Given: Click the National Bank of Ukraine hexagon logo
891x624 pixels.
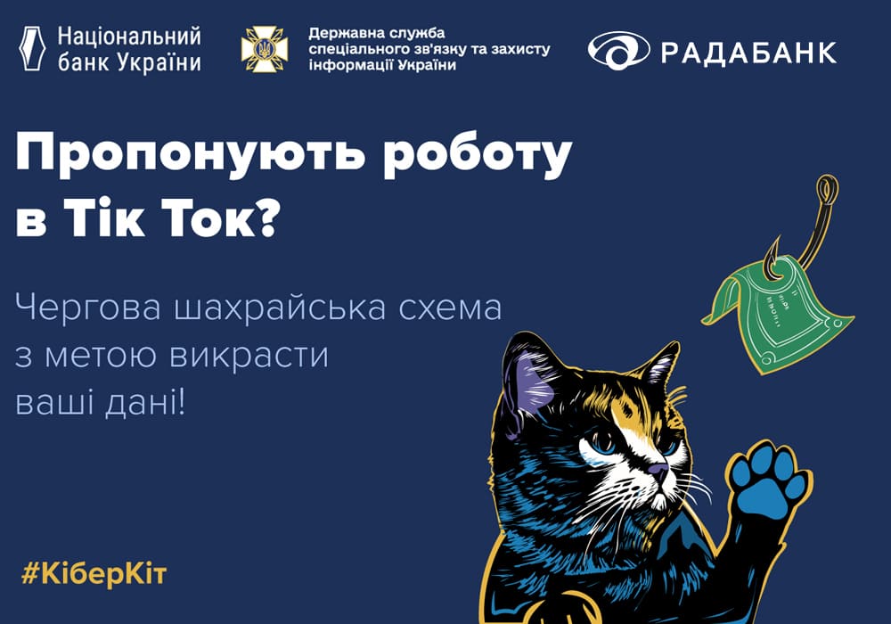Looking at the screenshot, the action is pos(32,49).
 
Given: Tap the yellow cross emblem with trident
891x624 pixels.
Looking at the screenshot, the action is pos(265,49).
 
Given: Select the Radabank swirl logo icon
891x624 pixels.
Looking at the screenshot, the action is pos(618,51).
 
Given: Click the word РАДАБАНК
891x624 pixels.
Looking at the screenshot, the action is pos(748,53).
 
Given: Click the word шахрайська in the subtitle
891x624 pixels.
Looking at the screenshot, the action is pos(281,308).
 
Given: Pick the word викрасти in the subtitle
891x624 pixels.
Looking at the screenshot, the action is pos(249,357).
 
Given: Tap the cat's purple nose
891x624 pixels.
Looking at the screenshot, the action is pos(659,470).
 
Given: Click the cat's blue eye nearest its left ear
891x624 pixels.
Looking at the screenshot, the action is pos(602,441).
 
